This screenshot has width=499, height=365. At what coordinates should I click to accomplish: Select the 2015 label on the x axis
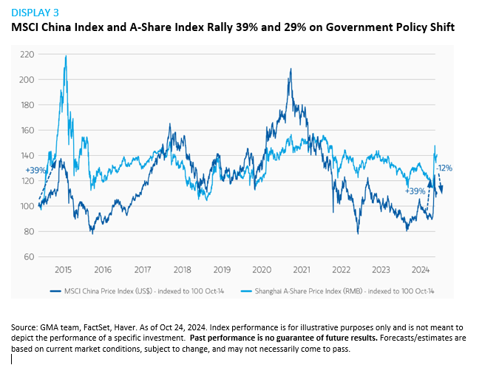click(x=63, y=270)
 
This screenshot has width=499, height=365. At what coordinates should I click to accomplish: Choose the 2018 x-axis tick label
click(x=182, y=270)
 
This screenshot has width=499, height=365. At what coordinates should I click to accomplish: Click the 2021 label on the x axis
click(x=302, y=270)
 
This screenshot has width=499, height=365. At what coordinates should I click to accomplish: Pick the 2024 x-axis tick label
click(x=421, y=270)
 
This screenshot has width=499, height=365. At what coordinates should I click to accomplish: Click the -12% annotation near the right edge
click(x=444, y=168)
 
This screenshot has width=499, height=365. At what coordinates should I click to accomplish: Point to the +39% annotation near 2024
click(x=415, y=191)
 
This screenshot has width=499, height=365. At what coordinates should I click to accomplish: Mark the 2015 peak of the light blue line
click(x=67, y=56)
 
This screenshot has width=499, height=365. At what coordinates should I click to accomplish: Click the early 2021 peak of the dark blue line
click(x=291, y=69)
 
